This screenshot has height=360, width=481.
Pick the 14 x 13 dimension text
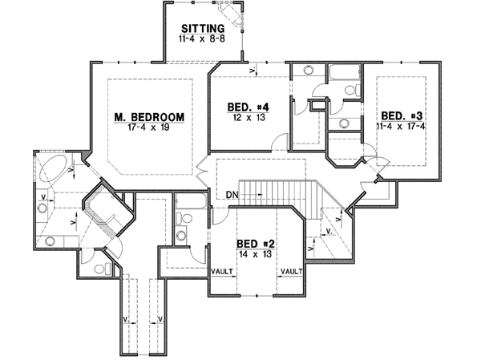pyautogui.click(x=253, y=253)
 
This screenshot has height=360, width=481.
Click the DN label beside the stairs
pyautogui.click(x=230, y=194)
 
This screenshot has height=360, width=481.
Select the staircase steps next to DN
pyautogui.click(x=277, y=190)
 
